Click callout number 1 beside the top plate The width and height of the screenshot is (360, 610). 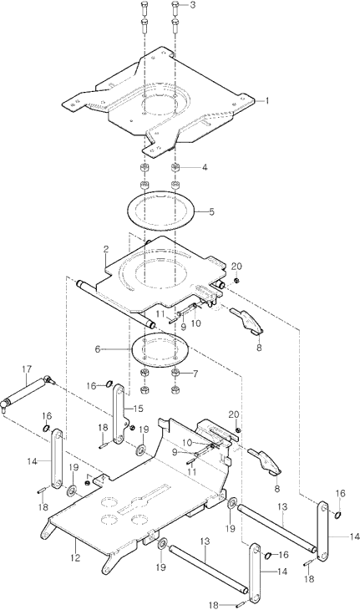(x=267, y=101)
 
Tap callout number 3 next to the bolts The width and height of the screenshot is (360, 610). (x=193, y=5)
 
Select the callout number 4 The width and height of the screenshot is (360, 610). (x=205, y=168)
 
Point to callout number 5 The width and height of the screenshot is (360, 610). (x=211, y=212)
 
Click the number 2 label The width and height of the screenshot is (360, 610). (x=106, y=250)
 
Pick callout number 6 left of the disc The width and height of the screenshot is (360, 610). (x=98, y=349)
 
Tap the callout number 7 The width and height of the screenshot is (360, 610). (x=195, y=374)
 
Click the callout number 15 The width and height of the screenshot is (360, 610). (x=138, y=409)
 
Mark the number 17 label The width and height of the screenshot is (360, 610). (x=27, y=369)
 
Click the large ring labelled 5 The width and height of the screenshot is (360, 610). (x=160, y=211)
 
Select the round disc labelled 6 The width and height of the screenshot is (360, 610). (x=160, y=350)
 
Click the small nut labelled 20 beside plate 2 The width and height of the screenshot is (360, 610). (x=236, y=281)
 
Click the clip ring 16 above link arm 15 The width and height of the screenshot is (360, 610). (x=109, y=385)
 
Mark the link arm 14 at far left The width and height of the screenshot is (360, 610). (x=57, y=458)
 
